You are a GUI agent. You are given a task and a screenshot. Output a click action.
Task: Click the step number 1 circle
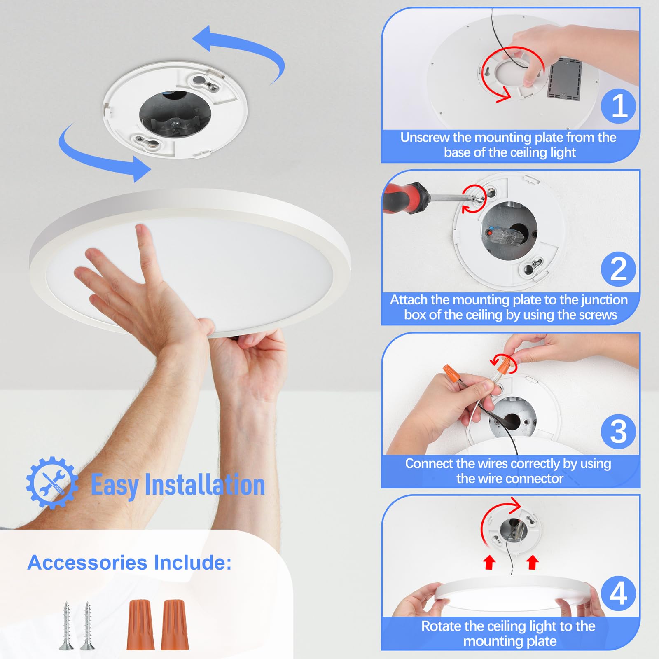tap(618, 106)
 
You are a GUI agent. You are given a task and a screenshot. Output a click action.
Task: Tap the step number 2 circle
tap(618, 269)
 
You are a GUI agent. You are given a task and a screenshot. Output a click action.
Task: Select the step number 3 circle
tap(618, 431)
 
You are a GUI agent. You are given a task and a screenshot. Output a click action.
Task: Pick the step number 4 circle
tap(618, 594)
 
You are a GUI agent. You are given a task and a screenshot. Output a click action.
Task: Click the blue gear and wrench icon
tap(51, 483)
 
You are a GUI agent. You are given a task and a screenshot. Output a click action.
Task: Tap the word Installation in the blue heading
tap(205, 485)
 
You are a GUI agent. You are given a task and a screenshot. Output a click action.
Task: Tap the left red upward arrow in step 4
tap(489, 562)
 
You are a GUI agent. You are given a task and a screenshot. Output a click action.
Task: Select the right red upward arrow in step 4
tap(532, 562)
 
